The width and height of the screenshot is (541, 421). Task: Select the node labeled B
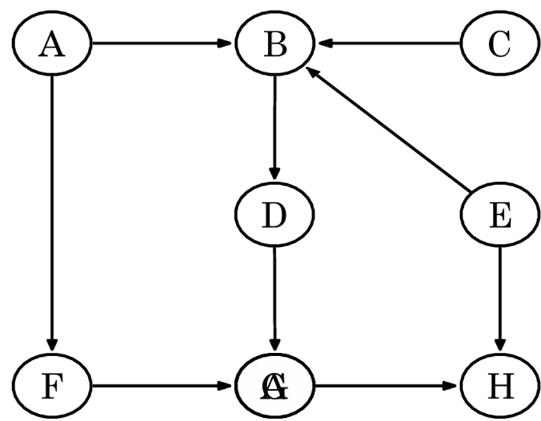[275, 44]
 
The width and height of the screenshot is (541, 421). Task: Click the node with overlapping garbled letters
[275, 386]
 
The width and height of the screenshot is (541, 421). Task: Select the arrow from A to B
[161, 44]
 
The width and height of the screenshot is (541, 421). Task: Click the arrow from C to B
[392, 44]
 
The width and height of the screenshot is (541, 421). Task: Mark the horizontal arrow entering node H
[386, 386]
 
